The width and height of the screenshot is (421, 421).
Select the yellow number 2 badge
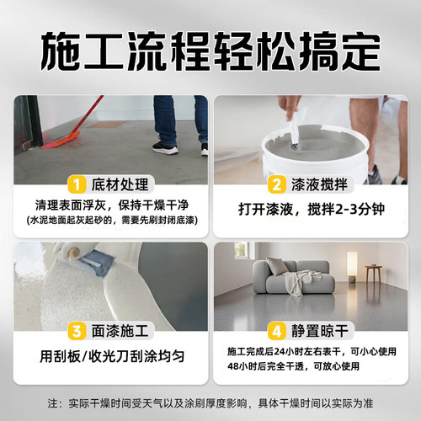click(276, 184)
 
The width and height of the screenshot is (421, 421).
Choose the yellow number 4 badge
click(276, 330)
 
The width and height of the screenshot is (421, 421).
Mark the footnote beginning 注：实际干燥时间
click(210, 402)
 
